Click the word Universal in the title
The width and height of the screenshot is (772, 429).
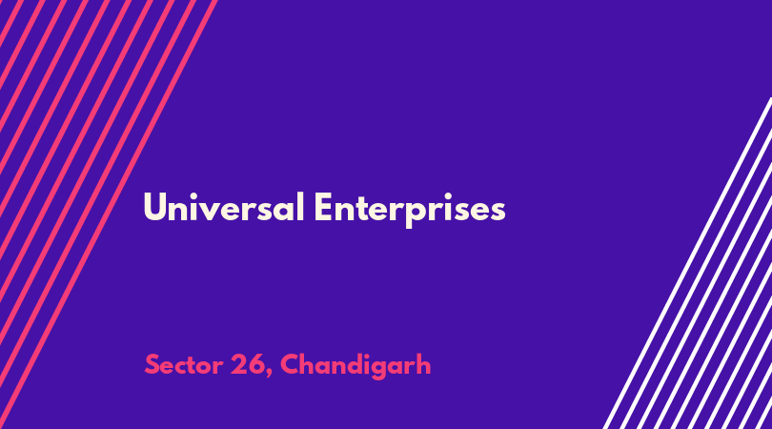pyautogui.click(x=224, y=208)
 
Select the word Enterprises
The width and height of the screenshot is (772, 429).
pyautogui.click(x=410, y=210)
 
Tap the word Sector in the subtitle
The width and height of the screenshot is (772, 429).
pyautogui.click(x=184, y=365)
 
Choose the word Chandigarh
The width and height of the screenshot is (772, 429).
pyautogui.click(x=356, y=366)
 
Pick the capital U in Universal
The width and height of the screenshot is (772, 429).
pyautogui.click(x=153, y=207)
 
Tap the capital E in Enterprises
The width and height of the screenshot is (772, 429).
pyautogui.click(x=322, y=207)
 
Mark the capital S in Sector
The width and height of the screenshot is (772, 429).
pyautogui.click(x=152, y=365)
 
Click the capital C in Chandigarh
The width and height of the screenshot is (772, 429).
pyautogui.click(x=290, y=364)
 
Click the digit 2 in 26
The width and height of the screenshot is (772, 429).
pyautogui.click(x=239, y=364)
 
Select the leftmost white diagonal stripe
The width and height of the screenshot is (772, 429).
pyautogui.click(x=688, y=262)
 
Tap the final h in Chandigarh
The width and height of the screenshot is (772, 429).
pyautogui.click(x=423, y=364)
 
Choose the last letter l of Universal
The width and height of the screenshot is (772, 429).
pyautogui.click(x=301, y=207)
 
